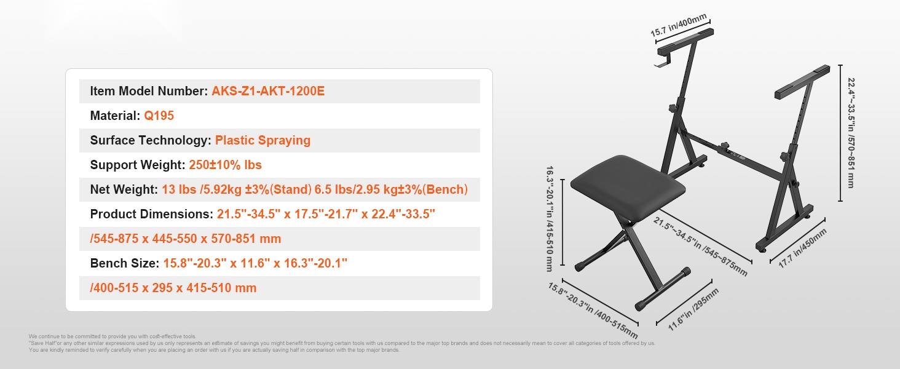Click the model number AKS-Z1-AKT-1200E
(268, 91)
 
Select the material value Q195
(159, 116)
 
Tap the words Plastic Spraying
(262, 140)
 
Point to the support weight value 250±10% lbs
(226, 165)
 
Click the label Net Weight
(124, 189)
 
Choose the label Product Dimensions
(151, 214)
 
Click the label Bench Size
(125, 263)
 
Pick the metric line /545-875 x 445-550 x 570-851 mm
(185, 239)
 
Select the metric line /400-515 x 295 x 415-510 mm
(173, 288)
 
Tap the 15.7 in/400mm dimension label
(679, 25)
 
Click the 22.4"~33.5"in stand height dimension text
(851, 133)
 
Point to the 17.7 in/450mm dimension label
(802, 248)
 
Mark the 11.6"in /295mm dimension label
(693, 309)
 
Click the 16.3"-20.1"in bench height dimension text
(549, 218)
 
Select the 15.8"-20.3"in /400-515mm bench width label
(593, 311)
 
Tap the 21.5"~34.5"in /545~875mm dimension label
(700, 247)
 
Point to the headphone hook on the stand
(660, 62)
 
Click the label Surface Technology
(151, 140)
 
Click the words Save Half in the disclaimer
(43, 343)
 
